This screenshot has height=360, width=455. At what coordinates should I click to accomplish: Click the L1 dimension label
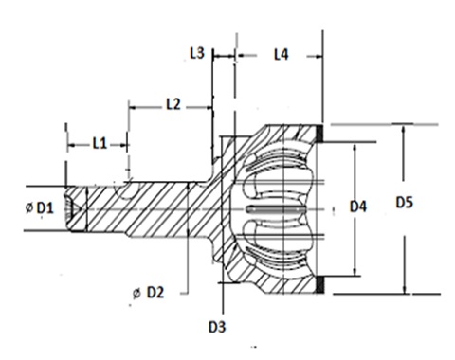point(100,144)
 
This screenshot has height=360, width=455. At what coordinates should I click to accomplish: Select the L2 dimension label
point(173,104)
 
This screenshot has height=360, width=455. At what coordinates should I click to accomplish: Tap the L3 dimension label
point(197,53)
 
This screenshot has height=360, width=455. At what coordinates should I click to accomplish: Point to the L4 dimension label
point(281,55)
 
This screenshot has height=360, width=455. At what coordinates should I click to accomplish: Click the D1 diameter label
point(45,208)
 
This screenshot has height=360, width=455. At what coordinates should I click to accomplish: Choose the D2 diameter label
point(155,293)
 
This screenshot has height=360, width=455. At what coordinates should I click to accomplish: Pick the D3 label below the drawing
point(217,327)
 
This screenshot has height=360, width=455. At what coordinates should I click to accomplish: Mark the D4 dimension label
point(358,207)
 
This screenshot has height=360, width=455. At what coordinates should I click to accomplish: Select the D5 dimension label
point(405,203)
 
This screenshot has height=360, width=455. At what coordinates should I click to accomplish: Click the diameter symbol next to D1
point(29,207)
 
